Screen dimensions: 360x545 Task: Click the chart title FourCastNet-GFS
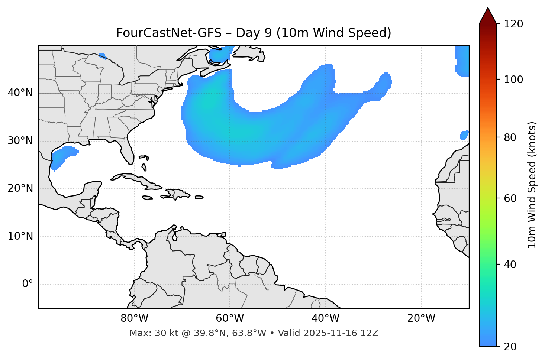[x=254, y=33]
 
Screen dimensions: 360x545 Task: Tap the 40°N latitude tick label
[x=20, y=93]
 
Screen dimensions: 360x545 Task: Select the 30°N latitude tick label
[x=20, y=141]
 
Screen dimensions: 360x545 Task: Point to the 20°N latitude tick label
[x=20, y=188]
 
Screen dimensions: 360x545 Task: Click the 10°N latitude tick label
[x=20, y=236]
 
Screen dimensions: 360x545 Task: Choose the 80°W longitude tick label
[x=134, y=318]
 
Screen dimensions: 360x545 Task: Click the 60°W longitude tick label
[x=230, y=318]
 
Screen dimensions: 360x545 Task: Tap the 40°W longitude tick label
[x=325, y=318]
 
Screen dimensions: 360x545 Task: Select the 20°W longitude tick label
[x=421, y=318]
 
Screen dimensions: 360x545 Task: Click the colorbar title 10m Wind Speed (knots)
[x=532, y=185]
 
